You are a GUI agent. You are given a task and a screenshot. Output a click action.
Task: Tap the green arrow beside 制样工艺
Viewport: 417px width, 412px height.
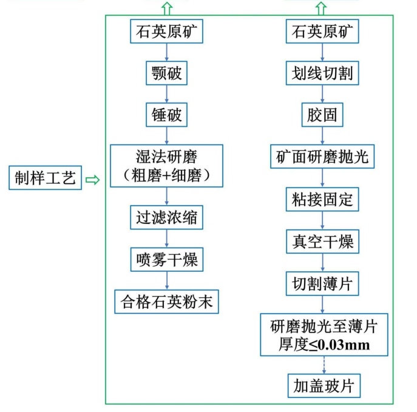(92, 180)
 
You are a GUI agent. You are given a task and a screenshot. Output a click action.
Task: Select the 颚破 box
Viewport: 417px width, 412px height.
(167, 74)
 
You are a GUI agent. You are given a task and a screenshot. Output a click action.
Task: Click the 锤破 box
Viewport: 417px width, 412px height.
(167, 113)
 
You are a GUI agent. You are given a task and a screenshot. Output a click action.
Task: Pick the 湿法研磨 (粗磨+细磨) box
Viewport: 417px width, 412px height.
(167, 165)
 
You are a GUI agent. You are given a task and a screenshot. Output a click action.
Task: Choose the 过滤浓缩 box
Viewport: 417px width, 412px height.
(167, 217)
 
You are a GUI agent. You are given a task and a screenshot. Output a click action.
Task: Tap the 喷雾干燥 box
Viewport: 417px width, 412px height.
(167, 260)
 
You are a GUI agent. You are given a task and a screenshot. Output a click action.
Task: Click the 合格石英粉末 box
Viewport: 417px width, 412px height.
(167, 301)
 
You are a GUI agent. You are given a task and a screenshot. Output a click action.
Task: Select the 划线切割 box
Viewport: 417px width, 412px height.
(322, 74)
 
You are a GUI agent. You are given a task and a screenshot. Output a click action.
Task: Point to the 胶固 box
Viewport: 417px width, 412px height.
(322, 113)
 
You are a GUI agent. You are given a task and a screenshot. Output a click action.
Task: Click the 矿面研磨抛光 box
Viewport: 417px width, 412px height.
(322, 157)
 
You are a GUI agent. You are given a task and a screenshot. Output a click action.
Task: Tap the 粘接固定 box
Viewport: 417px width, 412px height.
(322, 199)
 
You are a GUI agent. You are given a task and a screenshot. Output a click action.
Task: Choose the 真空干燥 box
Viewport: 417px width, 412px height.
(322, 241)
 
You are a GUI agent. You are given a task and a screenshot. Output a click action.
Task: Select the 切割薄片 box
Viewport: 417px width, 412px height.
(322, 283)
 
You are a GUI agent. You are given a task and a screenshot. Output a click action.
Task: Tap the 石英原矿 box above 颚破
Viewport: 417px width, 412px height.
(167, 32)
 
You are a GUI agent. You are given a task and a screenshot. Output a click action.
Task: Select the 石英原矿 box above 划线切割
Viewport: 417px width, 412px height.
(322, 32)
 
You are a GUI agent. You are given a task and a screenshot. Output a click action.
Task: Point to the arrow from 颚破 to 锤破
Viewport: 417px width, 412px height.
(167, 93)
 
